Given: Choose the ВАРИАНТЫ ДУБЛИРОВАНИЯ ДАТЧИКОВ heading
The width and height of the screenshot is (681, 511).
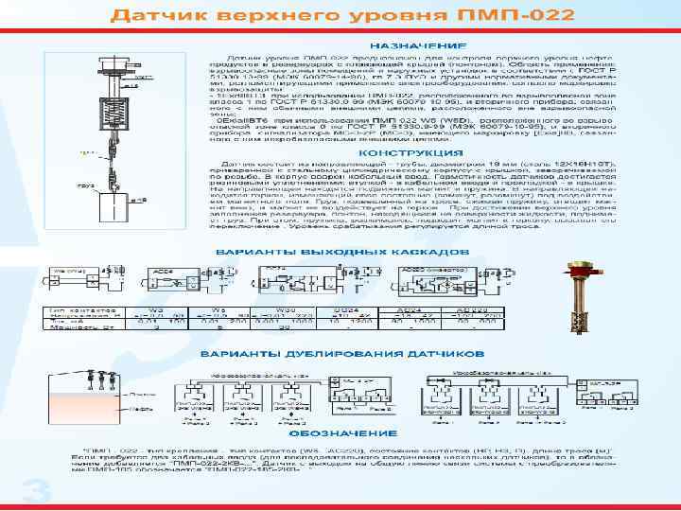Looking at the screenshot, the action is (x=320, y=353).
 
